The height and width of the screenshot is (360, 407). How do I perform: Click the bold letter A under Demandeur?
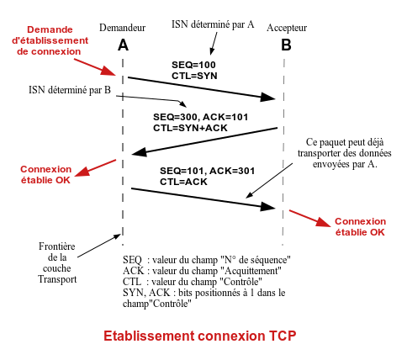click(x=123, y=45)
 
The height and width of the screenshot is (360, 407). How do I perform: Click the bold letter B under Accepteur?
click(x=286, y=45)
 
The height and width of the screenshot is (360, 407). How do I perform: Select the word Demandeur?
click(x=123, y=28)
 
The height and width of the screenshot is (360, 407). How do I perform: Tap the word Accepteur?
click(x=287, y=28)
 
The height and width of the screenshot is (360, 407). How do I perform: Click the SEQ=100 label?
click(x=193, y=65)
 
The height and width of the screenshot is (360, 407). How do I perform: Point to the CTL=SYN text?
click(x=194, y=76)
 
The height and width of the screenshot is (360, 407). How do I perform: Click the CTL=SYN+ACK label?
click(x=190, y=128)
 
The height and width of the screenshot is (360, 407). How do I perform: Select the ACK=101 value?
click(x=225, y=117)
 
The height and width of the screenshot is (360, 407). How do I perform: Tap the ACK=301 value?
click(x=232, y=171)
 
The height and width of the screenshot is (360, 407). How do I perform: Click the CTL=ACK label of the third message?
click(x=183, y=182)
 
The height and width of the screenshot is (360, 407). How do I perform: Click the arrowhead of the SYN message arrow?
click(x=268, y=98)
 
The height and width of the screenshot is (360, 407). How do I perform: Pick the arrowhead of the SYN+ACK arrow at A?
click(x=140, y=152)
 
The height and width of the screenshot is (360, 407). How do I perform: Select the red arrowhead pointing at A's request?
click(x=108, y=71)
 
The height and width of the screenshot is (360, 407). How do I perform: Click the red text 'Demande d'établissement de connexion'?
click(x=50, y=40)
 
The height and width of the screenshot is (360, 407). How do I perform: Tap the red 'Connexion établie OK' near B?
click(x=360, y=227)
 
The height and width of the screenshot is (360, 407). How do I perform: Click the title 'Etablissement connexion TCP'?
click(x=200, y=336)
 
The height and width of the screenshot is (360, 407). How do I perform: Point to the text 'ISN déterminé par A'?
click(x=213, y=24)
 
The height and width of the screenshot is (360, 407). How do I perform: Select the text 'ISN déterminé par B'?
click(x=70, y=90)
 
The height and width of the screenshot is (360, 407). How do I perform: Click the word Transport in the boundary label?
click(x=57, y=279)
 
